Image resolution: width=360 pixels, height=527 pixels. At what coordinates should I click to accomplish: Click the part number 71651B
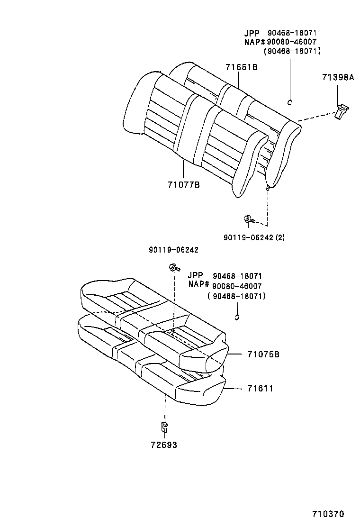coord(241,67)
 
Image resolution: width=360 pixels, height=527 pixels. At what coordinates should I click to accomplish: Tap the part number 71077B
coord(183,184)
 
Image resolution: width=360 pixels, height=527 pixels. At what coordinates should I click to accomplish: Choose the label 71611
coord(260,389)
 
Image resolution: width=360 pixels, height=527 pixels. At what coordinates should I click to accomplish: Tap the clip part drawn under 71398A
coord(341,113)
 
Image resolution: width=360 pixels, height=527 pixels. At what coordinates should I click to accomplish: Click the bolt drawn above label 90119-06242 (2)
coord(248,219)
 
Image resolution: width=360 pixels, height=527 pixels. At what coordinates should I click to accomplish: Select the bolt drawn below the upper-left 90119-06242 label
coord(172,268)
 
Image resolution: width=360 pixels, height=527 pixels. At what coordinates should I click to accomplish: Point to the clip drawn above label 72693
coord(164,426)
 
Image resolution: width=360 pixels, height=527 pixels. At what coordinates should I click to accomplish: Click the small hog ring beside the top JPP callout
coord(290,101)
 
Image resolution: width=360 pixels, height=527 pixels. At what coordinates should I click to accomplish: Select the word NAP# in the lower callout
coord(198,285)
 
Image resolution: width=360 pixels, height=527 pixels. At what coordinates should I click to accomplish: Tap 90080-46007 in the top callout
coord(291,42)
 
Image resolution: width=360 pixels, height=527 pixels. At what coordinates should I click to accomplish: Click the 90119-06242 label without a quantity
coord(173,250)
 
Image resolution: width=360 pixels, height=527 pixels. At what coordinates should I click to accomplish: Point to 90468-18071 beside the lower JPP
coord(237,276)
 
